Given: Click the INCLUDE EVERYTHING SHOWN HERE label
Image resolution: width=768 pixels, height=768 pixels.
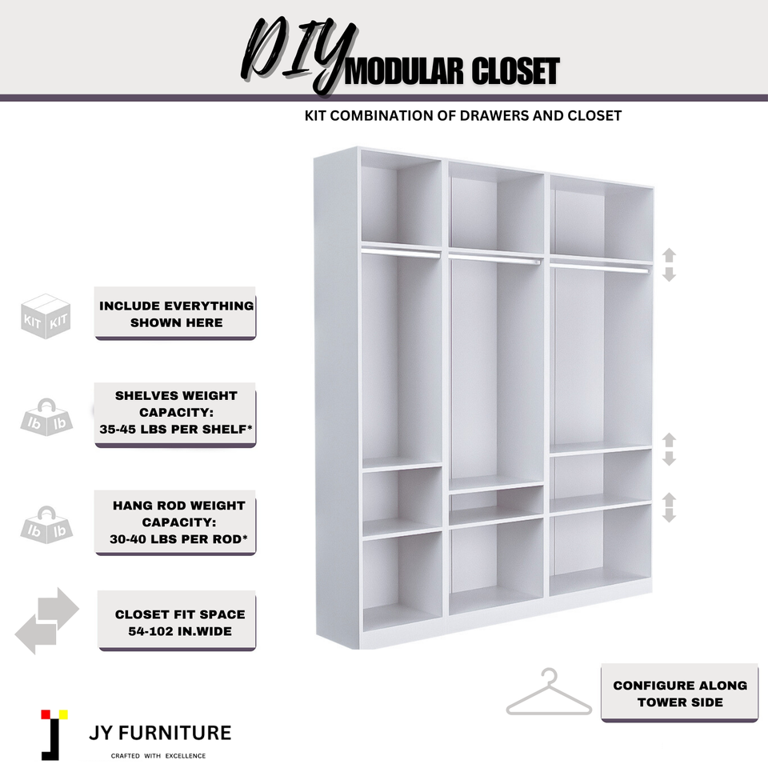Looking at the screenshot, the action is coord(176,314).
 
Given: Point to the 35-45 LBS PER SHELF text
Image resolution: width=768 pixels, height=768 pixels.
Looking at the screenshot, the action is coord(176,429).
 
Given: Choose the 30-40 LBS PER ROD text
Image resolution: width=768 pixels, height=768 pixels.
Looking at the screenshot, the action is coord(178,539).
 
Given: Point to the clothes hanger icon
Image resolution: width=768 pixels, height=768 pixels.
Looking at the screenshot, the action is coord(549,694).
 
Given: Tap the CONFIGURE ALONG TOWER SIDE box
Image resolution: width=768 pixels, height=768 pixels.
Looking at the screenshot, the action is coord(679,694).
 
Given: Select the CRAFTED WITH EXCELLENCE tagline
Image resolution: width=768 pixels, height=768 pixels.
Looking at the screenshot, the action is coord(158,755).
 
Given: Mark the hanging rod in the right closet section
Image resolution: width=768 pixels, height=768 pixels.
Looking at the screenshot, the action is coord(600,267).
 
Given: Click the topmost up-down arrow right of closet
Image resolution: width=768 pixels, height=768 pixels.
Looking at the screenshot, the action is coord(670,265).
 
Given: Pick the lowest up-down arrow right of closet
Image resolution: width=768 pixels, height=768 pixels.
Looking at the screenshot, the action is coord(670,507).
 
